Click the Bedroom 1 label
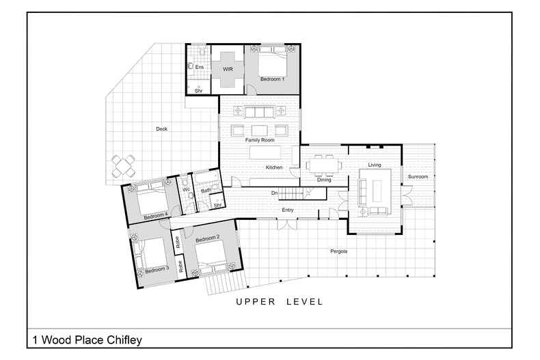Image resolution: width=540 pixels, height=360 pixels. coord(272,80)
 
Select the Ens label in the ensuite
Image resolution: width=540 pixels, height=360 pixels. coord(199,68)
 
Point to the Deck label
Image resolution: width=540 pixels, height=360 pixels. coord(161,129)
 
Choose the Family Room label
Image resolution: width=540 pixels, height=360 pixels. coord(259,140)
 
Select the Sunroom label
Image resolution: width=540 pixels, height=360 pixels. coord(418,177)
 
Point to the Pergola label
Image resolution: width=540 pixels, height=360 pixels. coord(339,251)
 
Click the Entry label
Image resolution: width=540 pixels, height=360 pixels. coord(288,210)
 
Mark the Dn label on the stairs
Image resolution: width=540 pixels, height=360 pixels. coord(274,193)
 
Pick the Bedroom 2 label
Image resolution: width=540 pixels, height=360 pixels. coord(207,238)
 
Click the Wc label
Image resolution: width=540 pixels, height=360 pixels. coord(185,189)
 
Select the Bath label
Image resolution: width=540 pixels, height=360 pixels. coord(205,191)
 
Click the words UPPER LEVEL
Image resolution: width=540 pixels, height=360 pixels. coord(280,301)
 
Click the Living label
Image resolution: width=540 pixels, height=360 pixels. coord(375,165)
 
